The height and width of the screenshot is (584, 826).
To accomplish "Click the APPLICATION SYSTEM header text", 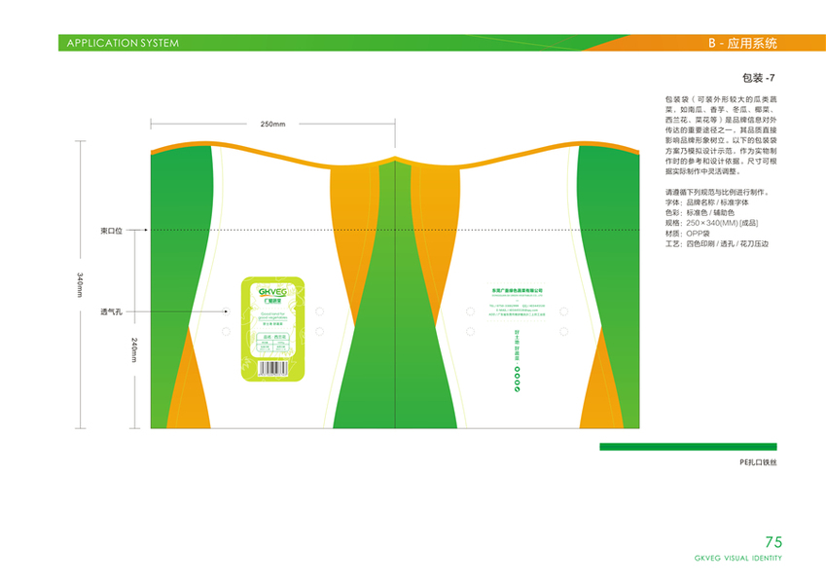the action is (123, 43).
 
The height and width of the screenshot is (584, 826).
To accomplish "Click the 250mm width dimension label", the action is (272, 124).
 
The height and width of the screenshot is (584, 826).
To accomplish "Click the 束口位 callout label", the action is (111, 231).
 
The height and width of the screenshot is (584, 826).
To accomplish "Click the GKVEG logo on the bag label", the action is (272, 290).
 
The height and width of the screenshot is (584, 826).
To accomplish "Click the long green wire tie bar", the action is (700, 447).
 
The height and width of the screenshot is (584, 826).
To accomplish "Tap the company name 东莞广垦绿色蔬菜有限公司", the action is (517, 290).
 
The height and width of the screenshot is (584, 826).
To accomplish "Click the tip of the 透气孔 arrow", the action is (225, 312).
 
